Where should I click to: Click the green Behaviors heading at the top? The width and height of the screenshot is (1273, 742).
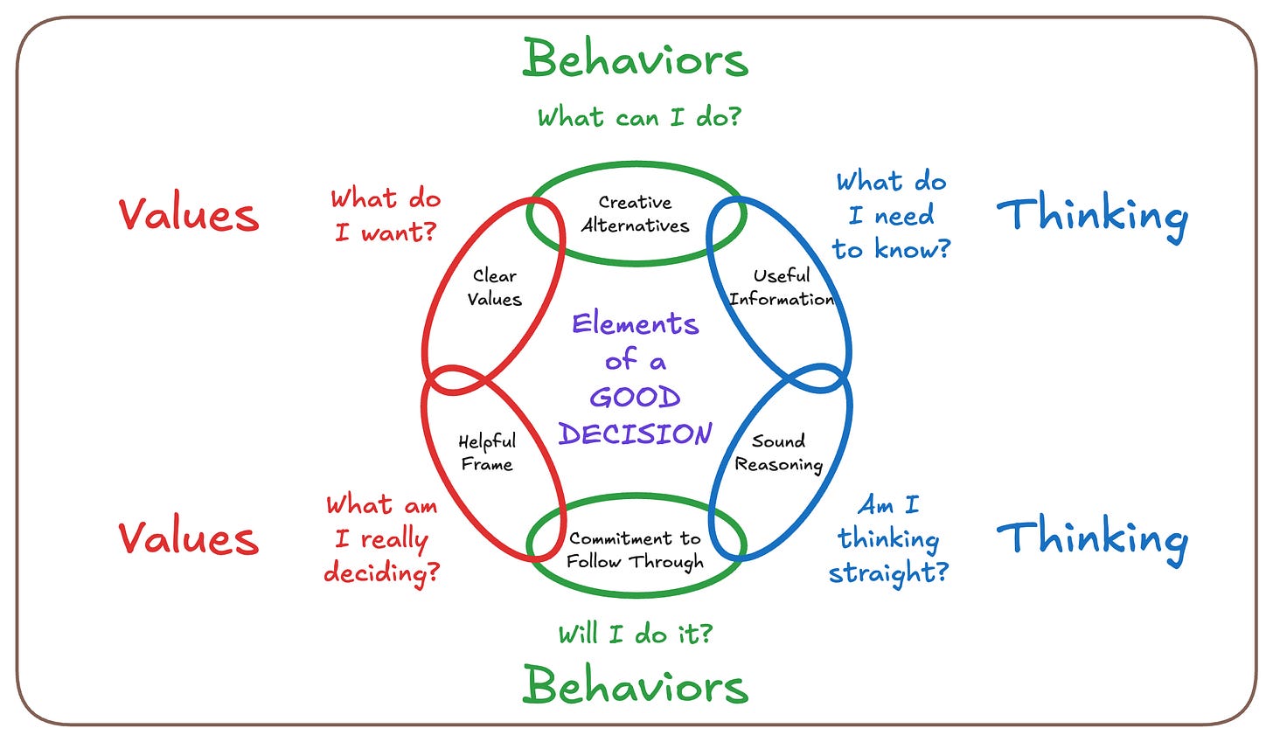636,59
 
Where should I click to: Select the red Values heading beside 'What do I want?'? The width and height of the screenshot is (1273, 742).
189,215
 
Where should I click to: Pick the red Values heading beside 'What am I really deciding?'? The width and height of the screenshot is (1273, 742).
189,537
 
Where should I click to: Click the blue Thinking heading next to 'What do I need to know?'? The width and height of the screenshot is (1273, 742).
1092,215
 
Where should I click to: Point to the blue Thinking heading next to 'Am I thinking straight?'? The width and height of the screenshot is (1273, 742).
1092,537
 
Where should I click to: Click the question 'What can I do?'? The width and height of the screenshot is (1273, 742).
638,117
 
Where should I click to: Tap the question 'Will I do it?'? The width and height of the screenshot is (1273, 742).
636,634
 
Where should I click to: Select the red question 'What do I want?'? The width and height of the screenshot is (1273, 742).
386,215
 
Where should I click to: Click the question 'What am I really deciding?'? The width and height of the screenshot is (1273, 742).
382,538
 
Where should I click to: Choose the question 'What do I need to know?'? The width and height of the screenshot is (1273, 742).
891,215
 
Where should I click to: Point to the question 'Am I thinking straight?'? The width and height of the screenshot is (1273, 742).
888,538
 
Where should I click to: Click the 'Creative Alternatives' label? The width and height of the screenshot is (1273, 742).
636,214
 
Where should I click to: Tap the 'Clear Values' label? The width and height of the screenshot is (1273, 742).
494,288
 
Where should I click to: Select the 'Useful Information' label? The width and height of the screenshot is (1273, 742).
782,288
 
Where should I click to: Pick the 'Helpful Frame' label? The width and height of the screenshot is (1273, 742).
487,453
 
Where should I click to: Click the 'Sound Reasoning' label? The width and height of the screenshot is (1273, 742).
778,453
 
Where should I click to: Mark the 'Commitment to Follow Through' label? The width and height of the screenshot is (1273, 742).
635,550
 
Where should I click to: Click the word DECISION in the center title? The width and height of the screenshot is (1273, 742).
636,433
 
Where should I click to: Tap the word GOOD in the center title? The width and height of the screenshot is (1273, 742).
635,398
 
